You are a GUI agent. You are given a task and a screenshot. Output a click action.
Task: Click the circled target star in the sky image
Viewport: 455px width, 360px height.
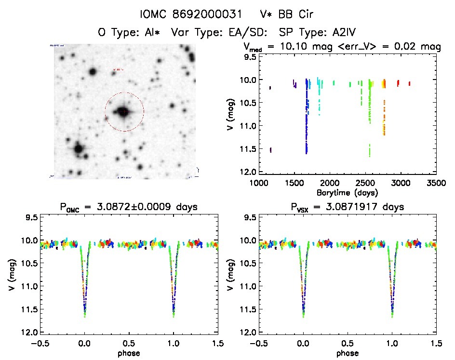[124, 112]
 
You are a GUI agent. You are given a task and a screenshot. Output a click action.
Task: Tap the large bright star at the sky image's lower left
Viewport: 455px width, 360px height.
[78, 149]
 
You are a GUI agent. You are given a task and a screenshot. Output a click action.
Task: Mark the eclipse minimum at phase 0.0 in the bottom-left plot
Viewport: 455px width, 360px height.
[85, 316]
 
